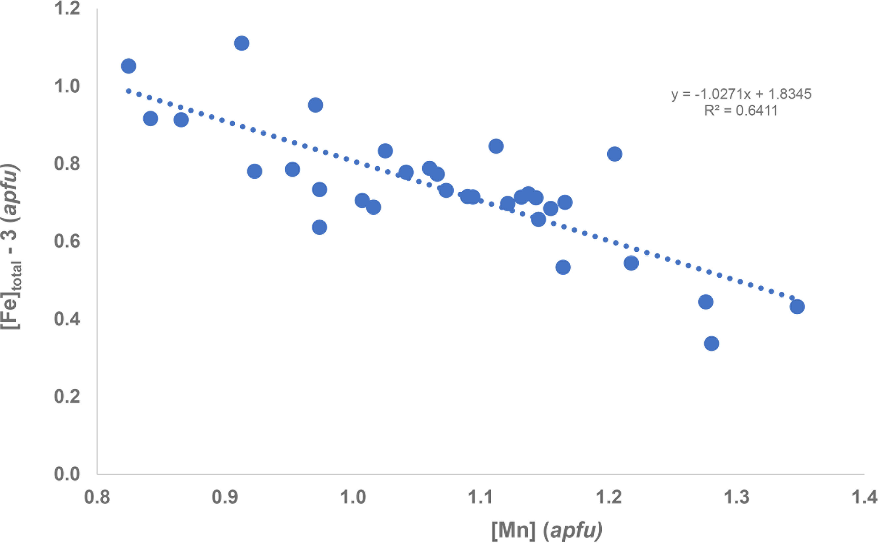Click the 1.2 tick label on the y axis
67,9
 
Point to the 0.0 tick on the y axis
67,474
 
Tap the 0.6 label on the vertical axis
67,241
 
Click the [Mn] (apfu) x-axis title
547,530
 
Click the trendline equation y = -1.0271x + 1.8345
741,94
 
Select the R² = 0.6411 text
741,111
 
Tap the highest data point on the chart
242,43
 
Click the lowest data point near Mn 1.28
711,343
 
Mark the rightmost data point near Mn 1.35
797,306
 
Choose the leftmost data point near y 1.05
128,66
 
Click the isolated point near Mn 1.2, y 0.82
614,154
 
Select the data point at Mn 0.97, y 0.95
315,105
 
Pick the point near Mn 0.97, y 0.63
319,227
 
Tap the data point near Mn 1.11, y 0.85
496,146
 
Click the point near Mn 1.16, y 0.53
563,267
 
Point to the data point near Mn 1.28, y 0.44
705,302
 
